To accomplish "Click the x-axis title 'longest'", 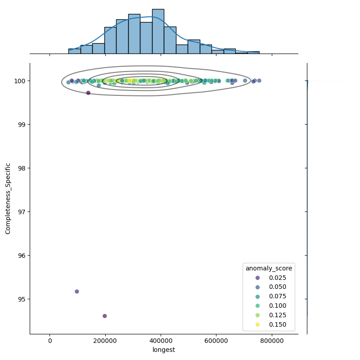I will click(164, 350).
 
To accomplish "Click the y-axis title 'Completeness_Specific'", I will click(8, 198).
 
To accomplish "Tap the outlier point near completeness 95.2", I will click(77, 292).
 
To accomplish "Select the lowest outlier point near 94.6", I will click(105, 316).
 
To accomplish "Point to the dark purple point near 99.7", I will click(88, 93).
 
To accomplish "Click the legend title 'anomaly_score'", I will click(269, 268).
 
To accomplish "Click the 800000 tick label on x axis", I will click(272, 341).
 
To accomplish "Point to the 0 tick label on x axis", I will click(50, 341).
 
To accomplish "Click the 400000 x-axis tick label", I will click(161, 341).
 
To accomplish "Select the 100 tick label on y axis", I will click(20, 81).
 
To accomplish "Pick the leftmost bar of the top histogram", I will click(74, 51).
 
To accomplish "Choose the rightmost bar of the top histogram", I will click(253, 53).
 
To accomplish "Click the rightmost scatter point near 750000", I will click(259, 81).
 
